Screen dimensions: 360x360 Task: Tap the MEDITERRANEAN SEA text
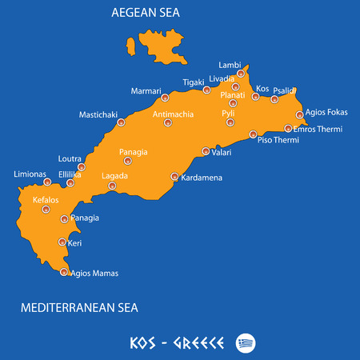click(80, 306)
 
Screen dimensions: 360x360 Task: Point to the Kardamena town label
click(202, 177)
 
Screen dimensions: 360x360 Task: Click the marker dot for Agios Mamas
click(64, 273)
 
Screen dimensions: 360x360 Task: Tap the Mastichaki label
click(98, 114)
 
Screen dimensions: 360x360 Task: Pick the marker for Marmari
click(165, 98)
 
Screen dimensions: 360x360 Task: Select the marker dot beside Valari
click(206, 151)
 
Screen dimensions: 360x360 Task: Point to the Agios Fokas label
click(326, 114)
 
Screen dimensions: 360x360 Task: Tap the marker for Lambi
click(240, 74)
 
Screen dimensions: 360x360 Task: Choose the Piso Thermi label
click(278, 141)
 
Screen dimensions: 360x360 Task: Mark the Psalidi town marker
click(274, 99)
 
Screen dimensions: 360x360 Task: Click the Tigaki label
click(193, 82)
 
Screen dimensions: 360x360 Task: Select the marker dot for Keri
click(62, 242)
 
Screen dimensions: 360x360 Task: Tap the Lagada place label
click(115, 175)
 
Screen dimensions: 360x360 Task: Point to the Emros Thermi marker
click(288, 128)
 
